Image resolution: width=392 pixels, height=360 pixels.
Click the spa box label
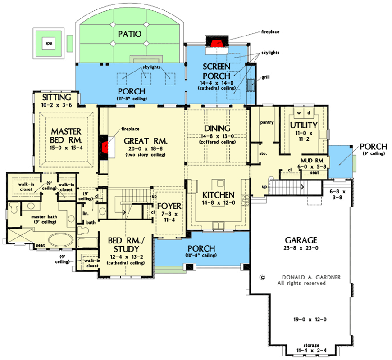(46, 43)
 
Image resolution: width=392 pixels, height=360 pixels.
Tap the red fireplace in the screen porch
(217, 43)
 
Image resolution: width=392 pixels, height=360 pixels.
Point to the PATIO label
(130, 34)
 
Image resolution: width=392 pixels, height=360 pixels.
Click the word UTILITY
(303, 125)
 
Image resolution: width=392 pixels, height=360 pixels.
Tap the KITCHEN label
(218, 195)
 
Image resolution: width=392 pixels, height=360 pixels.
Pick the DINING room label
(217, 128)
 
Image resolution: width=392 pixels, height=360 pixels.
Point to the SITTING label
(56, 97)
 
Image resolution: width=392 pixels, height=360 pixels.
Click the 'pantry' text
(268, 122)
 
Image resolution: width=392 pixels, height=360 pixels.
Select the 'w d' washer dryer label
(304, 112)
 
